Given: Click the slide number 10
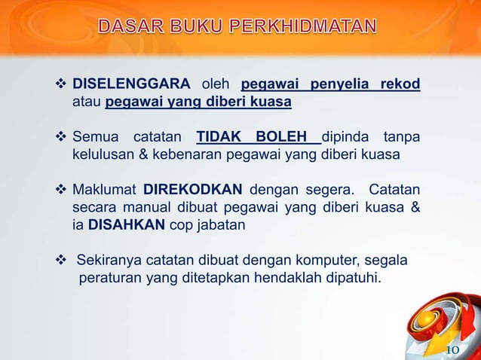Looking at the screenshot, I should (453, 349).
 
